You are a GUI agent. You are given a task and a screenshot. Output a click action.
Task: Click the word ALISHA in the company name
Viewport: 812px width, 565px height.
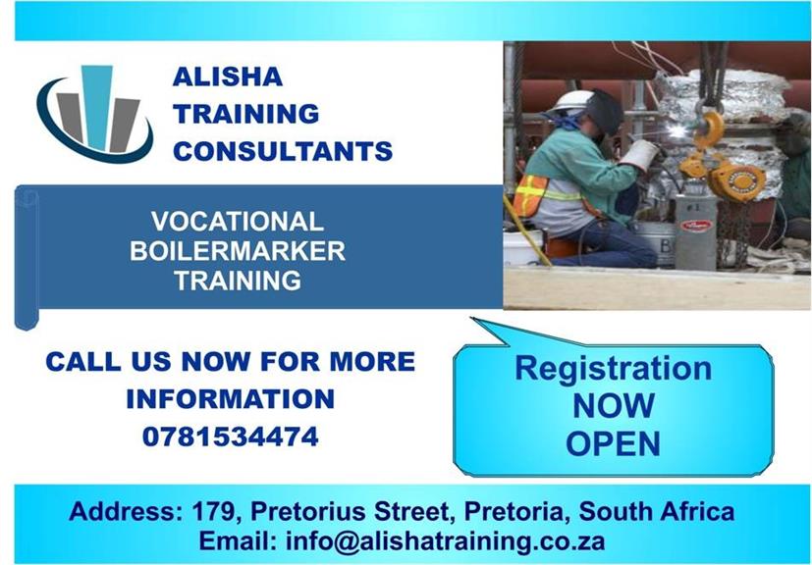click(x=228, y=77)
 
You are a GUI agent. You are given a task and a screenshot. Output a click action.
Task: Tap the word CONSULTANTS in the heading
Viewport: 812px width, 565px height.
click(x=283, y=151)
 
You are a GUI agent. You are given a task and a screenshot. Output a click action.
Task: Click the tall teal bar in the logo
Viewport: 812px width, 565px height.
click(x=97, y=108)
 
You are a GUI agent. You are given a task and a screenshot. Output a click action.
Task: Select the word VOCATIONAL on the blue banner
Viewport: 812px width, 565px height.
click(x=238, y=222)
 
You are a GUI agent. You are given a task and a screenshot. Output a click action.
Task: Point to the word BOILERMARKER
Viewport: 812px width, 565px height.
click(x=238, y=251)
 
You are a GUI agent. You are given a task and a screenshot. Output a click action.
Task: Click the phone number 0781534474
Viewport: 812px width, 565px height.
click(x=231, y=437)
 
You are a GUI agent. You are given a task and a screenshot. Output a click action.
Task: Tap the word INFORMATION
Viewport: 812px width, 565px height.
click(x=231, y=399)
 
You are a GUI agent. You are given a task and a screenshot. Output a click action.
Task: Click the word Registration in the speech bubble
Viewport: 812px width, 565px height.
click(x=613, y=369)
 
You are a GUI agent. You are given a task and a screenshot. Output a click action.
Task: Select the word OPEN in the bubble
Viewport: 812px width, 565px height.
click(x=613, y=443)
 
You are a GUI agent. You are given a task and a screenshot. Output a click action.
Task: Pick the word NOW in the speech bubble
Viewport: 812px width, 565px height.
click(x=614, y=406)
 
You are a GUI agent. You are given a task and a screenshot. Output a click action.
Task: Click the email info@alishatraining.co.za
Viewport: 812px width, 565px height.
click(x=446, y=541)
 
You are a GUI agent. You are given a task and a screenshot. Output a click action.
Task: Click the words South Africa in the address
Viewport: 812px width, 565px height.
click(x=657, y=511)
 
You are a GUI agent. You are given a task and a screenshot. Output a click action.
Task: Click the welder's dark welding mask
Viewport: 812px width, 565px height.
click(x=605, y=112)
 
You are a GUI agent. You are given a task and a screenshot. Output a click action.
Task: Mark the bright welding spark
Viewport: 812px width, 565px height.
click(x=677, y=131)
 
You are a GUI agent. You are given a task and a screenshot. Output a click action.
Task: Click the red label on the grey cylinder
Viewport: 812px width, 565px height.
click(x=696, y=225)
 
